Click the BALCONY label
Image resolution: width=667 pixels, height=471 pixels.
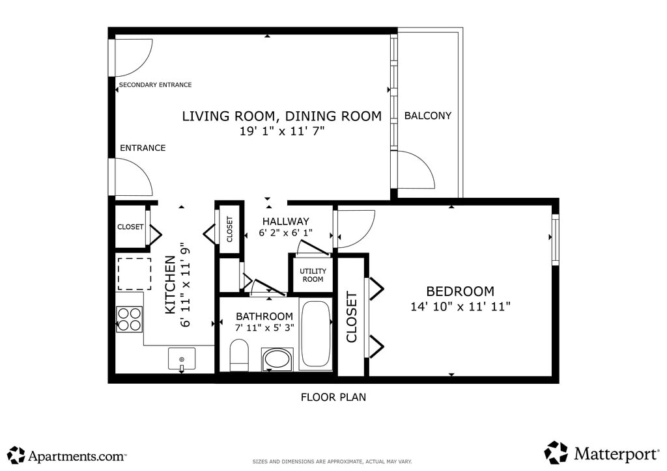click(427, 116)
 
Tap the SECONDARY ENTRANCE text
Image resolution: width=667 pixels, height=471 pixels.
click(155, 85)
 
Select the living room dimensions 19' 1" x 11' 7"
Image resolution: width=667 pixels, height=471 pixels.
click(282, 131)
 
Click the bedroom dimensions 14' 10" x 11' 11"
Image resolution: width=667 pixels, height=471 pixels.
click(461, 306)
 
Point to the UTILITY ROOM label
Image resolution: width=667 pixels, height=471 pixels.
click(313, 275)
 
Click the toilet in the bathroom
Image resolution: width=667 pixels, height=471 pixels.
click(238, 355)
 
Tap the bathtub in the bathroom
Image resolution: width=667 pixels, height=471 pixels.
click(315, 334)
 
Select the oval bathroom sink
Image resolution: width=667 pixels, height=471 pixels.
click(277, 359)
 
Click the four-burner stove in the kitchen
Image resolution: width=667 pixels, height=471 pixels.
click(130, 319)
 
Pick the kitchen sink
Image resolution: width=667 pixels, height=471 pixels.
click(182, 359)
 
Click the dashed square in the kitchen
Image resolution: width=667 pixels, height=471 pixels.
click(134, 274)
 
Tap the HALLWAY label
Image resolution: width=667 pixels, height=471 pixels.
click(285, 221)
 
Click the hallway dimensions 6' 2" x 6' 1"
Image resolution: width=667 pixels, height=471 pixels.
click(285, 233)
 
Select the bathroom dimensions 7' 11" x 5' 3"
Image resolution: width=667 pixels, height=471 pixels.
click(264, 328)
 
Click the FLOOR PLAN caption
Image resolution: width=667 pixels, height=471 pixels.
click(333, 397)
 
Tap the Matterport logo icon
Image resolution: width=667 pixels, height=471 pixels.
click(556, 453)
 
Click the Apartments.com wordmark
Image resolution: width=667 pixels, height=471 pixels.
click(77, 457)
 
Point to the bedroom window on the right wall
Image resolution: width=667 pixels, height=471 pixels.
click(555, 240)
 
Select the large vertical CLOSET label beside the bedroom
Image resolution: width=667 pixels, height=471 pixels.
click(352, 317)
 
